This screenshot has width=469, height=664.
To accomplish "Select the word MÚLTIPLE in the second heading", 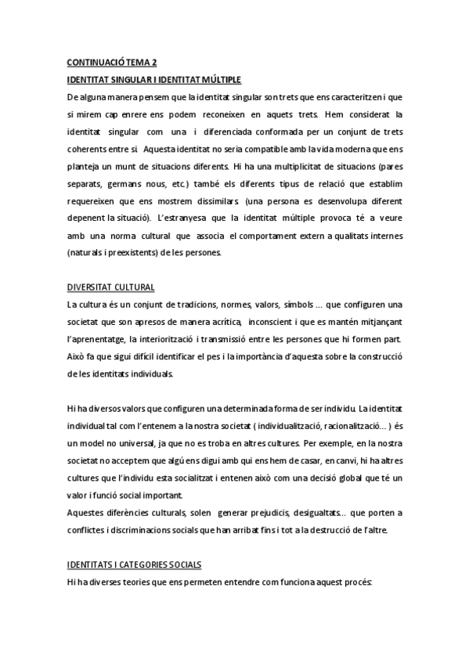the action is pyautogui.click(x=220, y=79).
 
